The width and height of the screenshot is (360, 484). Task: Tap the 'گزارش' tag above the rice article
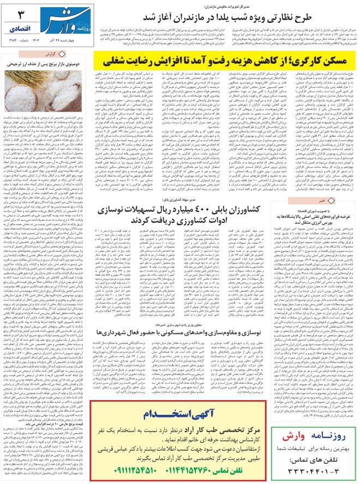click(51, 55)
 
